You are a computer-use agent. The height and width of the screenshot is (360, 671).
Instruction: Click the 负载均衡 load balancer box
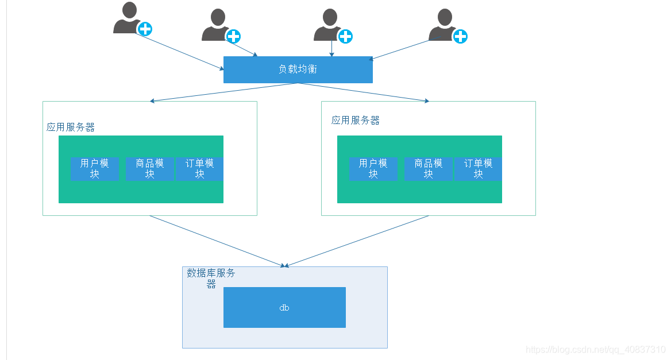pyautogui.click(x=298, y=69)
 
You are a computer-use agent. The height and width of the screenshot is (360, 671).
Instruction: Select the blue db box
pyautogui.click(x=284, y=307)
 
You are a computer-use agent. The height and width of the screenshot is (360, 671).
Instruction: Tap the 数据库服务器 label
pyautogui.click(x=211, y=278)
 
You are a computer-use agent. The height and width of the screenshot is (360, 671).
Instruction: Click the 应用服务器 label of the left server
pyautogui.click(x=71, y=127)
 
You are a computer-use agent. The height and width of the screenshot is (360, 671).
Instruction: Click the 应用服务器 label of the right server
pyautogui.click(x=356, y=121)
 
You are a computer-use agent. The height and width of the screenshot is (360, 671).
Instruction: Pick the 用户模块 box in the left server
pyautogui.click(x=95, y=169)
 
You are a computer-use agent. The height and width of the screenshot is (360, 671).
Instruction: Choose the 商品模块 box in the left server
pyautogui.click(x=150, y=169)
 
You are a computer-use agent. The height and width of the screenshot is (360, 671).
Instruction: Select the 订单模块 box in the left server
pyautogui.click(x=199, y=169)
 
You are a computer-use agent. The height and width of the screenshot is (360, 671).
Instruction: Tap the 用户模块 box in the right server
pyautogui.click(x=373, y=169)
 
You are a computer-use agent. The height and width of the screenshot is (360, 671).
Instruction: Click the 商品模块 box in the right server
pyautogui.click(x=428, y=169)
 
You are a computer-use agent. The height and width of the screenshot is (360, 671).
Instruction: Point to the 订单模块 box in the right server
pyautogui.click(x=478, y=169)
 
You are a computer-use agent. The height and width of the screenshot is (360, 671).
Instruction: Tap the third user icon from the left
pyautogui.click(x=327, y=26)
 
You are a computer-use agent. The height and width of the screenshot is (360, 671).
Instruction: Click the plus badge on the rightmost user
pyautogui.click(x=460, y=37)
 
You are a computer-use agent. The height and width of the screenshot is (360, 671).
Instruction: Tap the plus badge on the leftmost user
pyautogui.click(x=145, y=29)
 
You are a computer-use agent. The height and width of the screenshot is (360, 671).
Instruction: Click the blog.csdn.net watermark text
pyautogui.click(x=596, y=350)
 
